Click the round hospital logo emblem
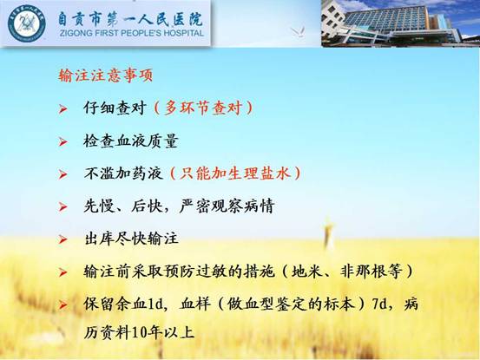pyautogui.click(x=27, y=23)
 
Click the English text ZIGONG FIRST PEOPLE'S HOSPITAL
pyautogui.click(x=132, y=33)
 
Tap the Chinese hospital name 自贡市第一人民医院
pyautogui.click(x=130, y=19)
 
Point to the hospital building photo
pyautogui.click(x=400, y=23)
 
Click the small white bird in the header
pyautogui.click(x=299, y=32)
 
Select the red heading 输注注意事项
pyautogui.click(x=105, y=75)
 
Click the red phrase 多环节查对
pyautogui.click(x=203, y=108)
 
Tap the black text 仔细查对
pyautogui.click(x=115, y=108)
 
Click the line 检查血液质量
pyautogui.click(x=131, y=141)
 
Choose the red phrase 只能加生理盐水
pyautogui.click(x=235, y=173)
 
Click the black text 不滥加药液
pyautogui.click(x=123, y=173)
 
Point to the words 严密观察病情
pyautogui.click(x=227, y=206)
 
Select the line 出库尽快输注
pyautogui.click(x=131, y=239)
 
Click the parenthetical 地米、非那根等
pyautogui.click(x=346, y=272)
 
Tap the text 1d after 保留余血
pyautogui.click(x=155, y=304)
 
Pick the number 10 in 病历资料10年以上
pyautogui.click(x=139, y=333)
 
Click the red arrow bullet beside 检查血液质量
pyautogui.click(x=63, y=141)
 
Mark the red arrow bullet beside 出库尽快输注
pyautogui.click(x=63, y=239)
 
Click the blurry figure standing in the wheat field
pyautogui.click(x=328, y=234)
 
